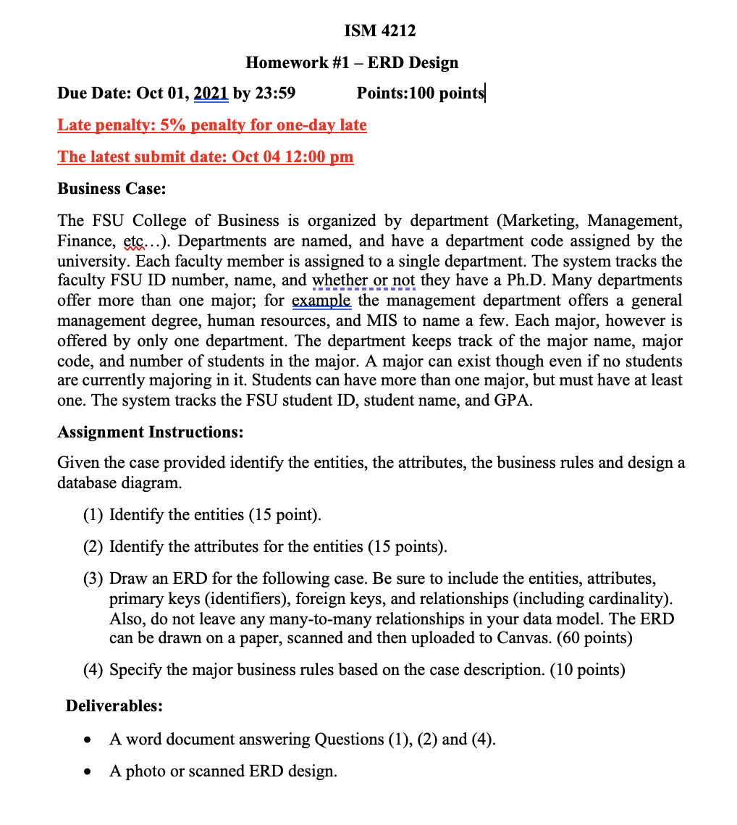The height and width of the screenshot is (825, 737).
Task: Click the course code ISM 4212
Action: click(369, 30)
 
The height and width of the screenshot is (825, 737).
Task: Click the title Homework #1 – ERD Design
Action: click(352, 62)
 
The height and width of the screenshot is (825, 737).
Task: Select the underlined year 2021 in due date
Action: click(211, 93)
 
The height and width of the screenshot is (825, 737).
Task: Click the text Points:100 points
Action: click(421, 93)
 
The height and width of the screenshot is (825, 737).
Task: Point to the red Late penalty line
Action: click(212, 125)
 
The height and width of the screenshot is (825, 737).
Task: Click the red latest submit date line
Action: click(206, 157)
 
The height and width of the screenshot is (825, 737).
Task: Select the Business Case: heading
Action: click(111, 189)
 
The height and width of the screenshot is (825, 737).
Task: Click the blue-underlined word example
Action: click(321, 300)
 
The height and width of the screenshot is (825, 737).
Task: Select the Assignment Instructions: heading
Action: click(150, 432)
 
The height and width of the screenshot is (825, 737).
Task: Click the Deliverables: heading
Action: click(114, 705)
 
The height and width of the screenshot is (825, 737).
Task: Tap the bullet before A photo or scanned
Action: click(88, 772)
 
